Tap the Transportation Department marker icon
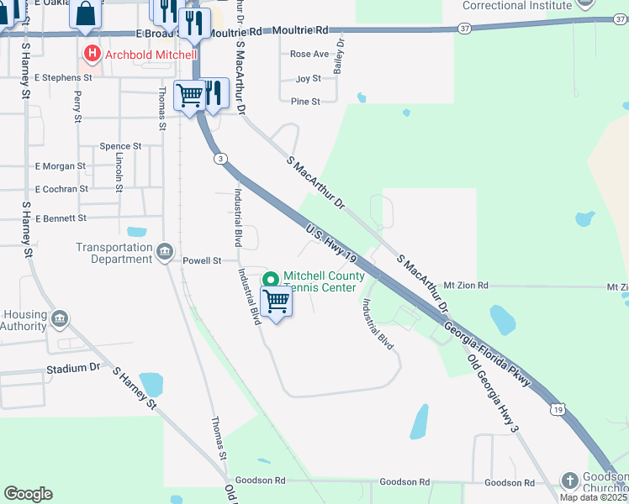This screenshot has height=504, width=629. [x=165, y=250]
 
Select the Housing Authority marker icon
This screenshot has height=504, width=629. [x=60, y=318]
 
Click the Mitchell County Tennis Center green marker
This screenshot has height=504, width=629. [x=271, y=280]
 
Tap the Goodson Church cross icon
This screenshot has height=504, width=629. [x=569, y=480]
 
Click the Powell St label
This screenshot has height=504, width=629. [x=202, y=261]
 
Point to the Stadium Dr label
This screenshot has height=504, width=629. [x=73, y=369]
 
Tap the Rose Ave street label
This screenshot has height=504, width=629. [x=309, y=54]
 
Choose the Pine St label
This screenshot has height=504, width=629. [x=305, y=102]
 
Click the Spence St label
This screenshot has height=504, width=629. [x=120, y=146]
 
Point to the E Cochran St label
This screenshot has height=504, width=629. [x=61, y=189]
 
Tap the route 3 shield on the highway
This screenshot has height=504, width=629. [x=219, y=159]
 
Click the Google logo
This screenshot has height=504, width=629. [x=28, y=494]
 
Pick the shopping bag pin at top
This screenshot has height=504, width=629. [x=87, y=14]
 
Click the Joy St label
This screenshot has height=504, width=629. [x=309, y=79]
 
